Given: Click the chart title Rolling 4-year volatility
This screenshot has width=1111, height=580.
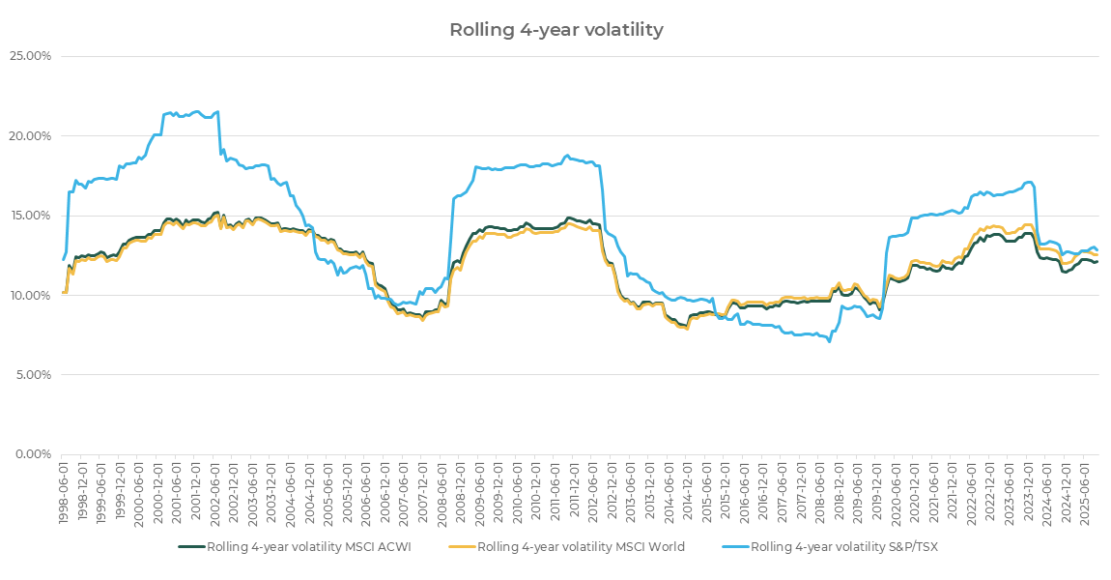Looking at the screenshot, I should (x=555, y=30).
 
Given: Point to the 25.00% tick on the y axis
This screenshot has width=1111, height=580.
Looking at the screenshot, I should (x=31, y=56).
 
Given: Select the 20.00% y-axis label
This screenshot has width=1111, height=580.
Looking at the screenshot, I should (x=31, y=135).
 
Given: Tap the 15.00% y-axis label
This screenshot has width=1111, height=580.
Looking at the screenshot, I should (x=31, y=216).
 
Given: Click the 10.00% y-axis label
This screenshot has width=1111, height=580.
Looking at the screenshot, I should (x=31, y=295).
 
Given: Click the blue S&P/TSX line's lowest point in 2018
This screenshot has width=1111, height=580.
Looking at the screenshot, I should (x=829, y=341).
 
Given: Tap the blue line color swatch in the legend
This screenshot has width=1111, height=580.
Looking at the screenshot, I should (x=734, y=547).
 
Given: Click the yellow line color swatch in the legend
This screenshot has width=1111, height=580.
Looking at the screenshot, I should (x=462, y=547).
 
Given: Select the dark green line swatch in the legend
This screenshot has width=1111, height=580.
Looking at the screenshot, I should (x=191, y=547).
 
